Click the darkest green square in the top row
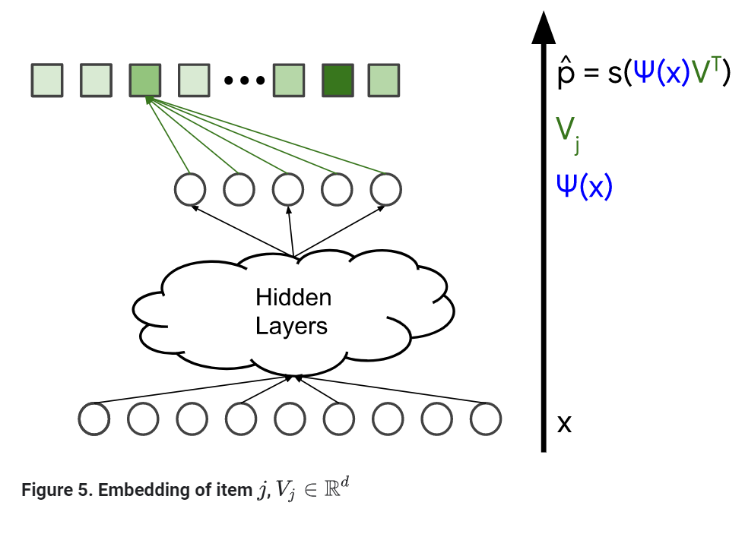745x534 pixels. pos(337,81)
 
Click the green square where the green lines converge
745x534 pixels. pos(144,81)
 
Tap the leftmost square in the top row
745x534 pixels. pos(47,81)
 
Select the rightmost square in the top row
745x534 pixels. pos(384,81)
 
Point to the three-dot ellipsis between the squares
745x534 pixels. pos(243,81)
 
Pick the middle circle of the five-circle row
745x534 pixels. pos(287,189)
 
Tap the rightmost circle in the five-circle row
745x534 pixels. pos(385,189)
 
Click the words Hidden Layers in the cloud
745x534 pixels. pos(293,311)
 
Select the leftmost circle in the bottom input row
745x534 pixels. pos(94,419)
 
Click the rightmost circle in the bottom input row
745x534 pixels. pos(485,419)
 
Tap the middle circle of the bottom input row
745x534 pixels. pos(290,419)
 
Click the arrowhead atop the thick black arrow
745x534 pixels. pos(544,29)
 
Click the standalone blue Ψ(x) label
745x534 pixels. pos(585,185)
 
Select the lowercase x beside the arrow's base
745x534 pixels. pos(564,424)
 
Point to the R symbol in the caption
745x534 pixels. pos(331,490)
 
